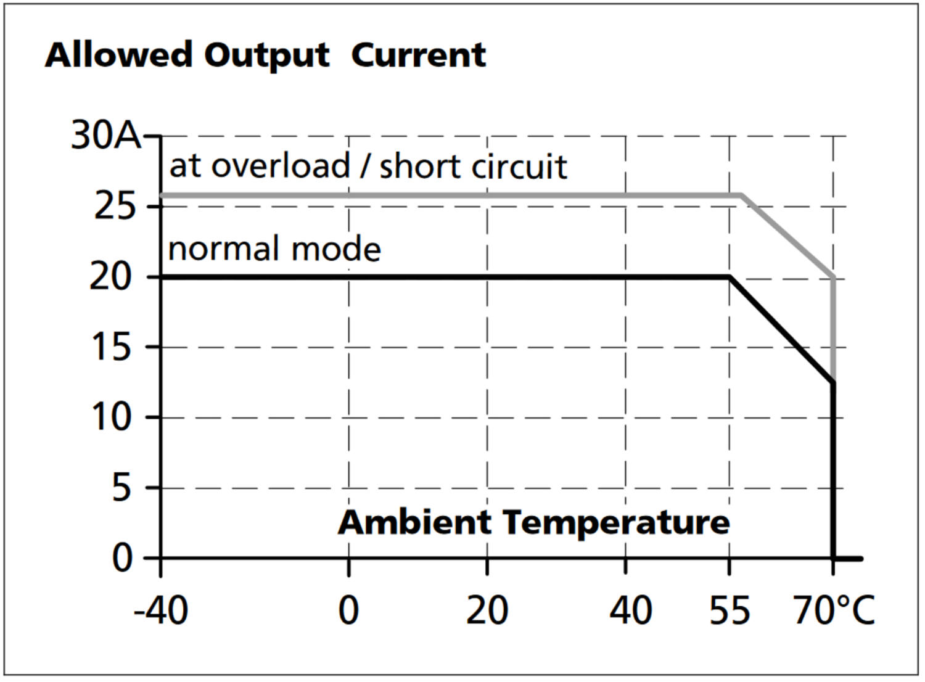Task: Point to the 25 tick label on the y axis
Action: pyautogui.click(x=114, y=206)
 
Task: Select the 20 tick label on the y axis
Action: pyautogui.click(x=112, y=277)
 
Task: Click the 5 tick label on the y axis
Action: pyautogui.click(x=122, y=488)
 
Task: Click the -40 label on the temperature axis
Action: pyautogui.click(x=161, y=610)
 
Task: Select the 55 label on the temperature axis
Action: pyautogui.click(x=730, y=610)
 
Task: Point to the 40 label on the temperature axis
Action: pyautogui.click(x=630, y=610)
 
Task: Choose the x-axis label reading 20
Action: pyautogui.click(x=487, y=610)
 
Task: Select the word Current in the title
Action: pyautogui.click(x=419, y=55)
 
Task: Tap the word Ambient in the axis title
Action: pyautogui.click(x=414, y=522)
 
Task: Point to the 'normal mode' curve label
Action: pyautogui.click(x=274, y=249)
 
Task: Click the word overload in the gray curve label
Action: pyautogui.click(x=281, y=166)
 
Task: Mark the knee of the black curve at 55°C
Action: pyautogui.click(x=730, y=277)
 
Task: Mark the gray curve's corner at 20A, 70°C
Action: pyautogui.click(x=834, y=277)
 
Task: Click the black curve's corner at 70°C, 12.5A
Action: pyautogui.click(x=834, y=383)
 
